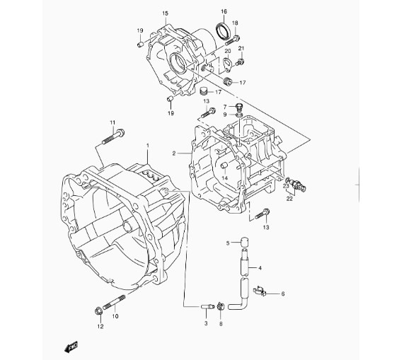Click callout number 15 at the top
click(x=165, y=13)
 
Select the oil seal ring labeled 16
click(x=221, y=31)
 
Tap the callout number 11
click(x=112, y=122)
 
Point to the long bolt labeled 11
click(x=113, y=137)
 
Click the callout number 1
click(x=148, y=146)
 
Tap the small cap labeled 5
click(x=244, y=243)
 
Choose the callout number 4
click(x=260, y=268)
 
